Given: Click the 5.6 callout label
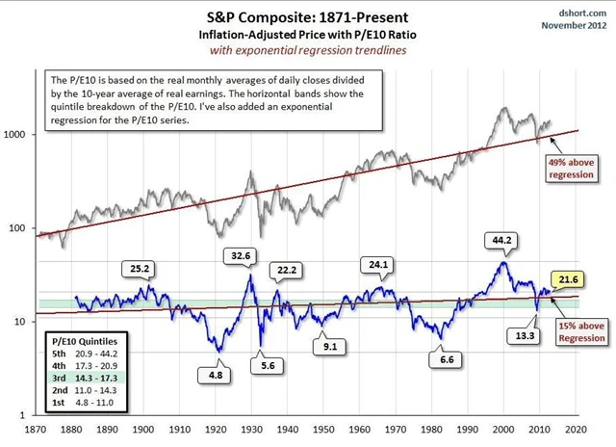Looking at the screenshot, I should point(262,365).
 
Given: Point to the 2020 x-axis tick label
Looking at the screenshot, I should point(577,431).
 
